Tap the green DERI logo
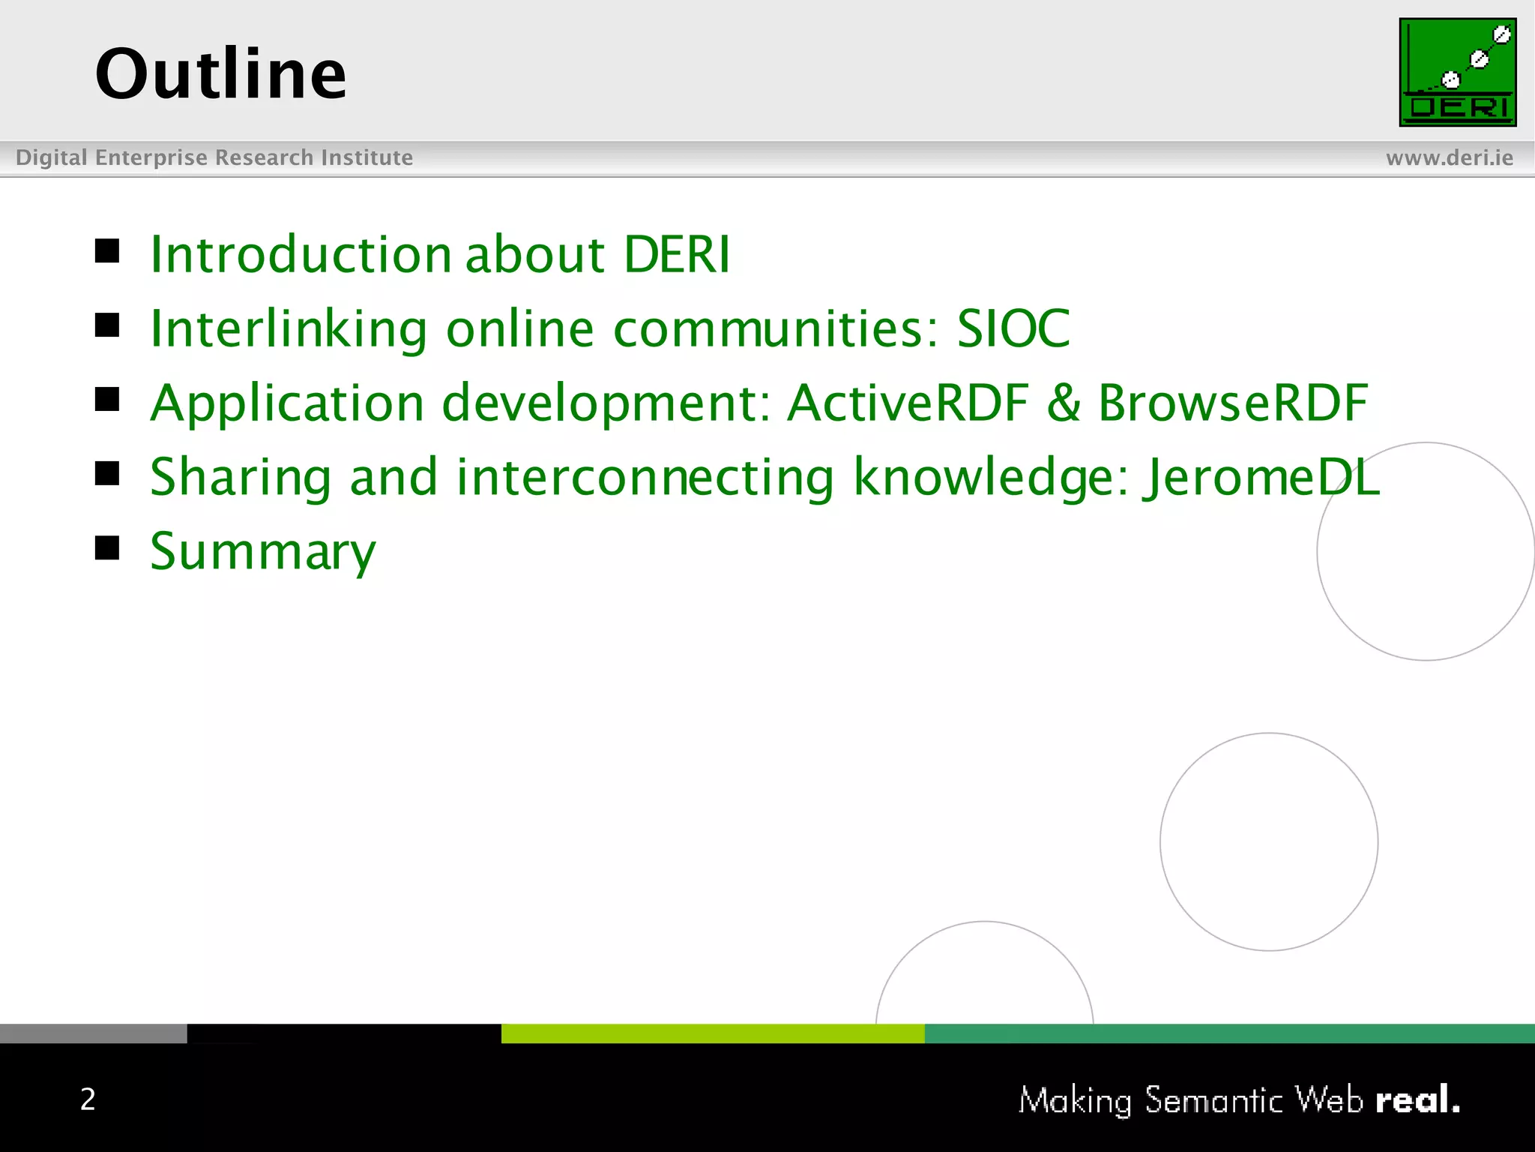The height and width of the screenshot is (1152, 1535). coord(1457,72)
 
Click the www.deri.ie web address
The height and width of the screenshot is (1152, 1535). coord(1449,157)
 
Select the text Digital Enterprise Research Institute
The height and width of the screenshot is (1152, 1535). coord(214,157)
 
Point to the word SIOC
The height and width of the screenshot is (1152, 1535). coord(1013,328)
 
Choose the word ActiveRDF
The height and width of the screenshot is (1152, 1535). coord(908,403)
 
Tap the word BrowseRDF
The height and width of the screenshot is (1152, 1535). coord(1233,403)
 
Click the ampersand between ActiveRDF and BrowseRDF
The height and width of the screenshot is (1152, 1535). coord(1063,403)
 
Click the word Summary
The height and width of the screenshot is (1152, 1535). coord(262,552)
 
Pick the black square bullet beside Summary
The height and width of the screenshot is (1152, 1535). coord(107,548)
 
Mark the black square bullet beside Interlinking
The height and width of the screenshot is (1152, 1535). coord(107,325)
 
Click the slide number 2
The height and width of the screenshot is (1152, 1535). coord(88,1099)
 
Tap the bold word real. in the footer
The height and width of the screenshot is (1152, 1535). coord(1417,1099)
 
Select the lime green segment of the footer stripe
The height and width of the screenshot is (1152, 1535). coord(712,1033)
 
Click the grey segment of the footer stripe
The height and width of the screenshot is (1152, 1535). coord(93,1033)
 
